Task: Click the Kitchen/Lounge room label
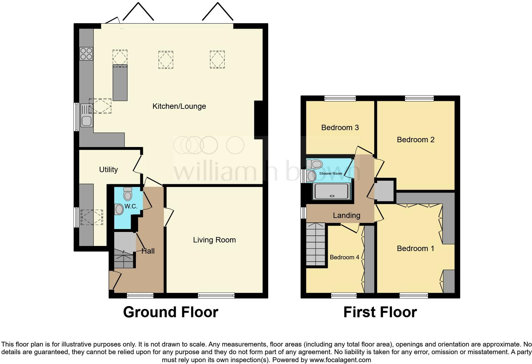(x=179, y=106)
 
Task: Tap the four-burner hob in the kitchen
(x=86, y=53)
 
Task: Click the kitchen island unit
(x=120, y=83)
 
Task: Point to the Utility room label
(x=108, y=170)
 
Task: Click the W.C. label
(x=131, y=206)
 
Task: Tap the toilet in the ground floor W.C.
(x=128, y=194)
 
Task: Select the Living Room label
(x=214, y=240)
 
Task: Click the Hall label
(x=148, y=251)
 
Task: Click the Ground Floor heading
(x=171, y=312)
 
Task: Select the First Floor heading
(x=380, y=312)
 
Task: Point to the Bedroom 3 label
(x=340, y=128)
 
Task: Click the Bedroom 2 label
(x=416, y=140)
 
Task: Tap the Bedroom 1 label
(x=415, y=248)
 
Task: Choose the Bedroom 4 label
(x=344, y=257)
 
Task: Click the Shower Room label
(x=331, y=173)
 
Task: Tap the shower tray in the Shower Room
(x=332, y=191)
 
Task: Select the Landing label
(x=346, y=215)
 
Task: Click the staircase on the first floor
(x=315, y=244)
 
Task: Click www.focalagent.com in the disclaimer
(x=340, y=360)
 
